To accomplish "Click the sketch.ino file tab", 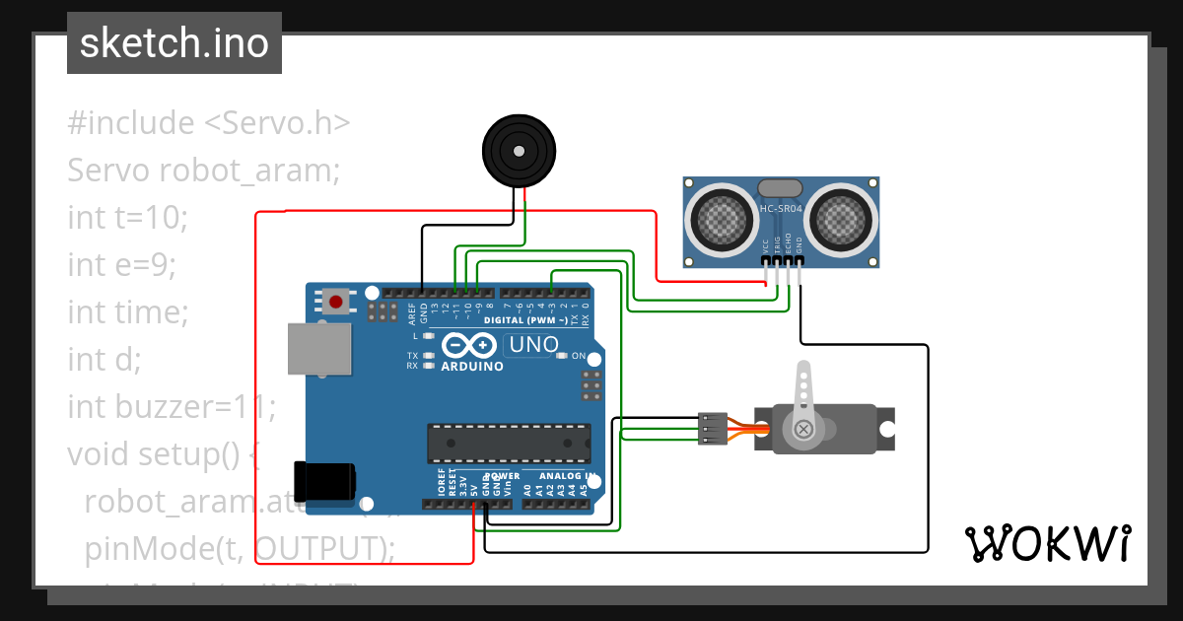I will (x=174, y=43).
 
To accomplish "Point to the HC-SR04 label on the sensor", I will (x=781, y=209).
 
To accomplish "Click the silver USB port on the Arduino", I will (x=318, y=349).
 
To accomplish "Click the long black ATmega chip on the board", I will (x=509, y=443).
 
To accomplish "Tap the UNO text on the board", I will (x=532, y=345).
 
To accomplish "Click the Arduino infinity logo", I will (x=469, y=345).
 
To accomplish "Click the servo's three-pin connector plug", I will (x=712, y=429).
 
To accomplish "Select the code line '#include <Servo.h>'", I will (x=209, y=123).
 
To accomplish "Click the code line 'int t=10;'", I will (x=127, y=217).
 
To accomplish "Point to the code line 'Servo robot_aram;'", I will (x=203, y=171).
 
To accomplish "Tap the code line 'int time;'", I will (x=127, y=312).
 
